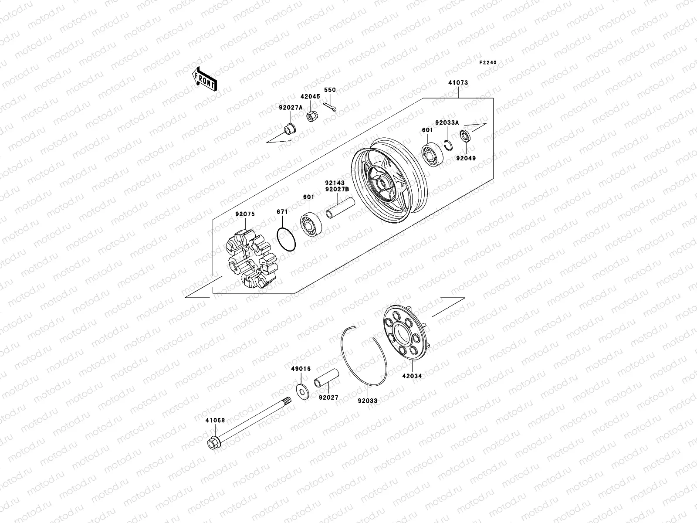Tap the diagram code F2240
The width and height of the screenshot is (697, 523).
(488, 63)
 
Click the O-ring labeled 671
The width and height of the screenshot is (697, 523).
(286, 240)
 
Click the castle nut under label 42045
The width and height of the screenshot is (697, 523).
(311, 117)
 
